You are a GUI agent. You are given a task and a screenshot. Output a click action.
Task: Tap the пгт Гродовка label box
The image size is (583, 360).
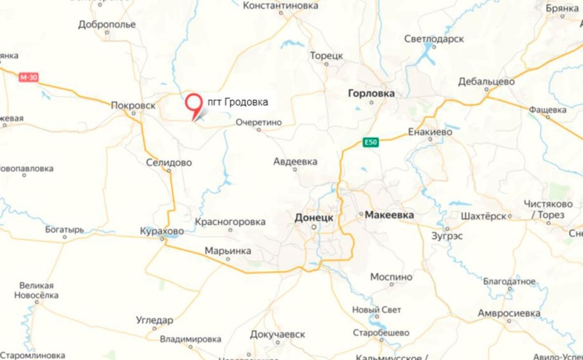click(x=237, y=103)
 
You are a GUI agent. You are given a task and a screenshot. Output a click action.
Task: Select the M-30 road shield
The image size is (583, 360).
click(x=28, y=77)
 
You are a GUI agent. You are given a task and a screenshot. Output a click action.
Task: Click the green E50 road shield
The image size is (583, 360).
click(x=372, y=143)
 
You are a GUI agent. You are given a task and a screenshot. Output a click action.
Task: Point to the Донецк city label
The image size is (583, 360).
click(x=314, y=217)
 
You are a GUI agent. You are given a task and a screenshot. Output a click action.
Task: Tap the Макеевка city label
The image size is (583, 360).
click(x=388, y=216)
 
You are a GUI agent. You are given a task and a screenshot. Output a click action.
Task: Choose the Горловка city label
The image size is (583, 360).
click(x=372, y=93)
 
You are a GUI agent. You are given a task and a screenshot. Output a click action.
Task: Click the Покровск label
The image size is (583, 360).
click(x=133, y=105)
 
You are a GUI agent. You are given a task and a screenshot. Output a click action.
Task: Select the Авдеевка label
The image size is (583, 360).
click(x=295, y=161)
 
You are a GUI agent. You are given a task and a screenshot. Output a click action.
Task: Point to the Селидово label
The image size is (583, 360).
click(x=168, y=162)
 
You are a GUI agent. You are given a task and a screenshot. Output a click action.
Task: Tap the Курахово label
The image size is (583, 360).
click(x=162, y=232)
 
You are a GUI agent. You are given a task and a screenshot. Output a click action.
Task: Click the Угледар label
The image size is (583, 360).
click(x=154, y=320)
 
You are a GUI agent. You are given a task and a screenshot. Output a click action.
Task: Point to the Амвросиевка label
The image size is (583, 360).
click(x=509, y=313)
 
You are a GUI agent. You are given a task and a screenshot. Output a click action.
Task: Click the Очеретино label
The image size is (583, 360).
click(x=259, y=124)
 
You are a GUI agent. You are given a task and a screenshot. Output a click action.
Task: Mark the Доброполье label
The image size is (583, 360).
click(x=106, y=24)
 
